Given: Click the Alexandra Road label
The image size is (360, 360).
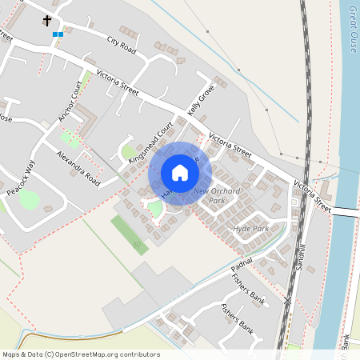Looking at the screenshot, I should click(78, 166).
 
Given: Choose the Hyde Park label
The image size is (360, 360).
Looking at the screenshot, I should click(250, 229).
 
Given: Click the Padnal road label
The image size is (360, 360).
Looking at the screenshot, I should click(242, 263).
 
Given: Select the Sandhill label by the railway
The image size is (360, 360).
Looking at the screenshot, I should click(300, 255).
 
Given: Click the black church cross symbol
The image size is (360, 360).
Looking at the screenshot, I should click(47, 20).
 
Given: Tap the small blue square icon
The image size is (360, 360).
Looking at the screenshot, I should click(57, 34).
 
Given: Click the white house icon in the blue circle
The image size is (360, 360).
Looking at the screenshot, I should click(180, 173).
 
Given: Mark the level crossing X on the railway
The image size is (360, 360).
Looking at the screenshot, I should click(288, 300).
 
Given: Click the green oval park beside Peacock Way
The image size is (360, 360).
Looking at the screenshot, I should click(30, 199).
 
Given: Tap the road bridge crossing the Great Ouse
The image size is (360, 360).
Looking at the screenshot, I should click(345, 210).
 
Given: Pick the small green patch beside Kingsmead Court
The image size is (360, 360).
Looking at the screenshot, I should click(128, 151).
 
